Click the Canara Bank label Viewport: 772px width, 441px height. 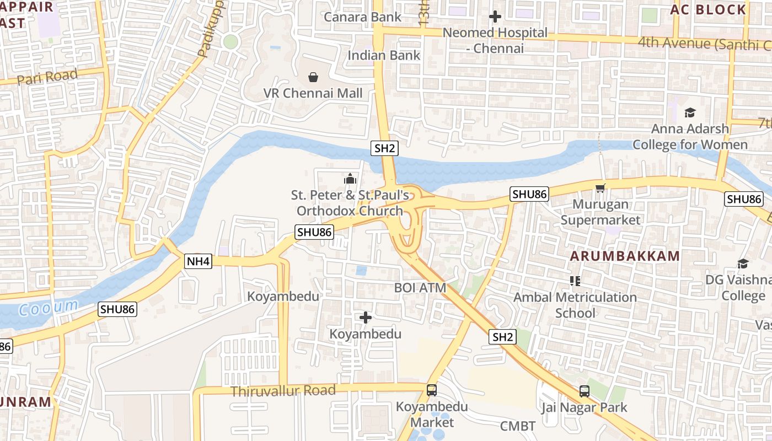[362, 17]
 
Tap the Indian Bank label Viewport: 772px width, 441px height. [384, 55]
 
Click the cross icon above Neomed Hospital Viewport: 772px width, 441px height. [495, 17]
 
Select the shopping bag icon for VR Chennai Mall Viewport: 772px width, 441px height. [313, 77]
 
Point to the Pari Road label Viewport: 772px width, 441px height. [47, 77]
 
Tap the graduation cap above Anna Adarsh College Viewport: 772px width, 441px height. [690, 113]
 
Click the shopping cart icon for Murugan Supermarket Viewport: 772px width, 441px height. [601, 189]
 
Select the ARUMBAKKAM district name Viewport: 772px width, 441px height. [625, 256]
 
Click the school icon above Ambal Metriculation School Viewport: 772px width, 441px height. [575, 281]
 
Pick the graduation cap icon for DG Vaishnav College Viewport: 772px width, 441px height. [743, 264]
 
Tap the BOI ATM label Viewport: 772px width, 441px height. [420, 287]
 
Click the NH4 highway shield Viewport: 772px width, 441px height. [198, 261]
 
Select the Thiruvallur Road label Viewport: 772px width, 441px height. [283, 391]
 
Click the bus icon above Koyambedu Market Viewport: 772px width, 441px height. [432, 390]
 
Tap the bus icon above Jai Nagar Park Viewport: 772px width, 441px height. [585, 391]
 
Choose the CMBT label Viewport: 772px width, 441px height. [517, 426]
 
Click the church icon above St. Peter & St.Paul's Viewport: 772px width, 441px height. [350, 179]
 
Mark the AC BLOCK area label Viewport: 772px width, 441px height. [708, 9]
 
